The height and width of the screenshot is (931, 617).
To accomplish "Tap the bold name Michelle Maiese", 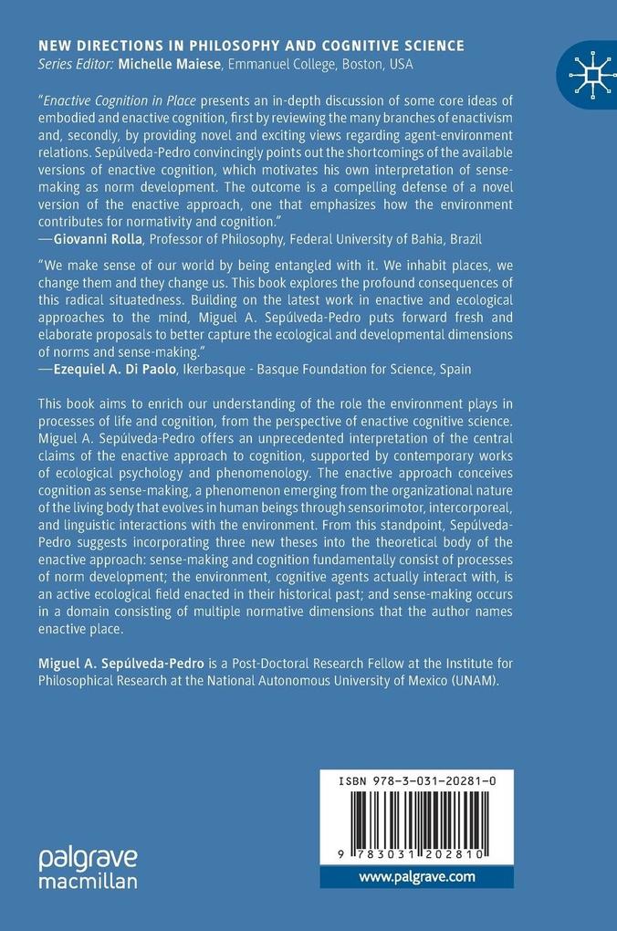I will coord(173,64).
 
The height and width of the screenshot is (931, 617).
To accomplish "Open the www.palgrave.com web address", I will coord(417,876).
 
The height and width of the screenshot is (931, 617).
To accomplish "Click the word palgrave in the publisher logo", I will coord(88,858).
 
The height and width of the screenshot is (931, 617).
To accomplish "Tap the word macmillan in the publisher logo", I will coord(88,881).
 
